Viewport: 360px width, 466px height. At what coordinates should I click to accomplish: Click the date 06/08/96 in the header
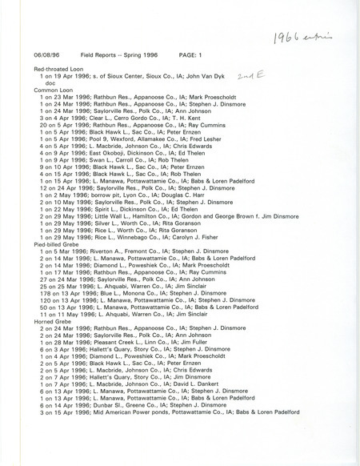tap(44, 54)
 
